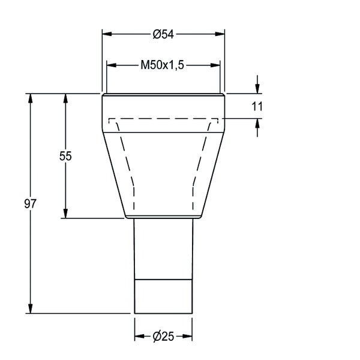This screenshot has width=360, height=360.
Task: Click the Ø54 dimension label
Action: point(163,34)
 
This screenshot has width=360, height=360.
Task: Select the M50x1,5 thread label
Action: point(163,65)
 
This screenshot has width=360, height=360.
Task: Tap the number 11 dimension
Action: point(257,107)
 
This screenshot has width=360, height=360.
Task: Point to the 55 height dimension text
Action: point(65,156)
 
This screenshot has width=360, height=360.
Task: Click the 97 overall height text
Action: point(31,203)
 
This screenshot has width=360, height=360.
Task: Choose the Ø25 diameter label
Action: point(163,337)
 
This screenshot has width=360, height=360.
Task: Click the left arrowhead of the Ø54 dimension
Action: point(107,34)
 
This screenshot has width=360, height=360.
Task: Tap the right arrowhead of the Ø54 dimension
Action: point(220,34)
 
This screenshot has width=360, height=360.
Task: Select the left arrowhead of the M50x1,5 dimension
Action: point(112,65)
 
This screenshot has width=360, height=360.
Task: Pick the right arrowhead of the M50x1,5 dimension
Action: point(215,65)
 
